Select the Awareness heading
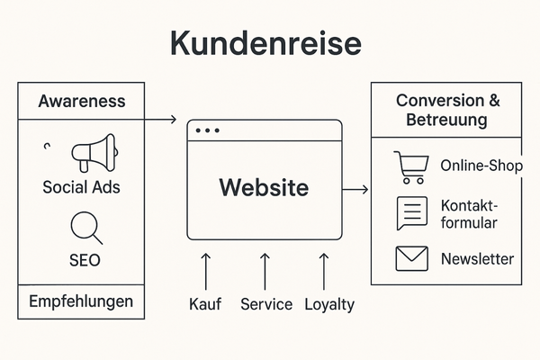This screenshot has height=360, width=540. [x=81, y=101]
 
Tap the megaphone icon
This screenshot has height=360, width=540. [x=93, y=154]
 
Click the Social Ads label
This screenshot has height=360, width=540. [x=81, y=188]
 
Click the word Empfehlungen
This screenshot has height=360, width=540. [x=82, y=301]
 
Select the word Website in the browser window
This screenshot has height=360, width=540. [x=264, y=188]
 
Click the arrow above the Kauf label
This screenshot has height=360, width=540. [x=205, y=270]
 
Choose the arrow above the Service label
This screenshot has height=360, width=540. [x=265, y=270]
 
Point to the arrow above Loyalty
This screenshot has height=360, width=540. [x=325, y=270]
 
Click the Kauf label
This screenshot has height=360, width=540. [x=205, y=304]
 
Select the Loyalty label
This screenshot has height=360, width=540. [x=328, y=304]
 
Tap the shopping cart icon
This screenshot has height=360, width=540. [x=411, y=166]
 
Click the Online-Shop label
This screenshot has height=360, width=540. [x=481, y=166]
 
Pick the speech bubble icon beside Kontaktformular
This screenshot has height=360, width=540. [x=411, y=213]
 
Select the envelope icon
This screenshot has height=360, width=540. [x=411, y=259]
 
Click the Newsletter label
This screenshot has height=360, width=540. [x=477, y=259]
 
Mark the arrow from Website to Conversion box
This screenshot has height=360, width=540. [x=356, y=189]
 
